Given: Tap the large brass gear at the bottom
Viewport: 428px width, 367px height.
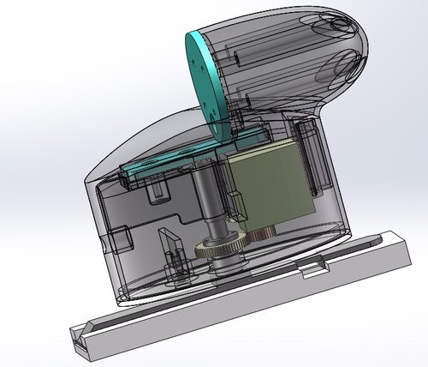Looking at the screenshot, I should (x=219, y=250).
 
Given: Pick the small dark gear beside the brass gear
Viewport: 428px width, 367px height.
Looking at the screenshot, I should (x=260, y=233).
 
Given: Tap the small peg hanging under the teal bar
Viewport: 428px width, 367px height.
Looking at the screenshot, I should (x=157, y=190).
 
